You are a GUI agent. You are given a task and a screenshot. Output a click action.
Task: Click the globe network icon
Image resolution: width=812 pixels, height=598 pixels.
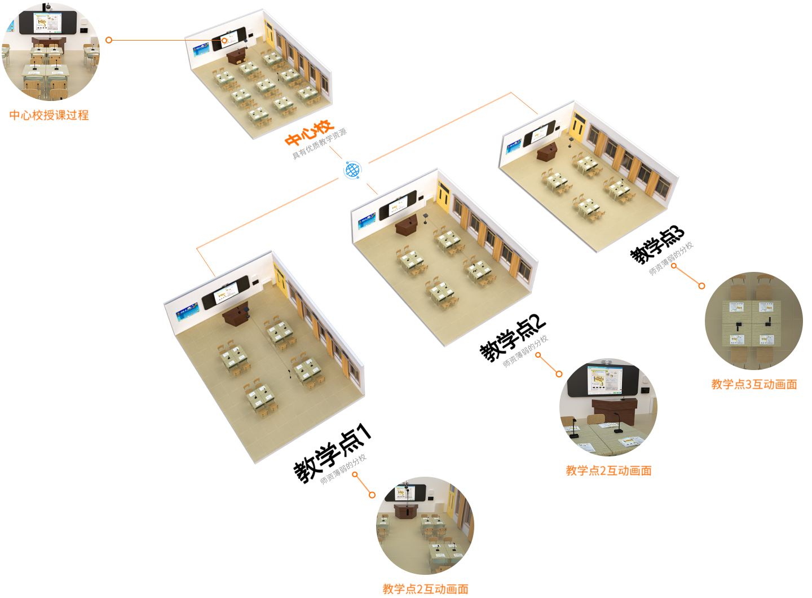[353, 170]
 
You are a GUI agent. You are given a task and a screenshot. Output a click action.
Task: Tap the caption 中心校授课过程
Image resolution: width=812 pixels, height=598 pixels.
[49, 115]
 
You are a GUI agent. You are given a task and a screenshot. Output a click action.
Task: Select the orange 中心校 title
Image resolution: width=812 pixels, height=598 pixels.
[309, 133]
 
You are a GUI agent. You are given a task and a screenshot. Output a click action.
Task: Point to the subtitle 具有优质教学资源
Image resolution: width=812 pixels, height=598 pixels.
[319, 144]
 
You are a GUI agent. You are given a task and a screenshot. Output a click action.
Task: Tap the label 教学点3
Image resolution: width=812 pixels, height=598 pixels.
[657, 245]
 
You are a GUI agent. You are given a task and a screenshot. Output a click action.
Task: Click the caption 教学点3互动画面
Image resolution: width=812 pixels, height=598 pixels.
[754, 384]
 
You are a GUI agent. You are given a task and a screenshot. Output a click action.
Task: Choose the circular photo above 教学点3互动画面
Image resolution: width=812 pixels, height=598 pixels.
[753, 321]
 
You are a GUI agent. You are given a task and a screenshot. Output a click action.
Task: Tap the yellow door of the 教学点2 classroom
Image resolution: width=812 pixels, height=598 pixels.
[443, 195]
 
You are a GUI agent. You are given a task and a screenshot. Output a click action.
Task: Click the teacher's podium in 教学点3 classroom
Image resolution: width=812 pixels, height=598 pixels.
[547, 151]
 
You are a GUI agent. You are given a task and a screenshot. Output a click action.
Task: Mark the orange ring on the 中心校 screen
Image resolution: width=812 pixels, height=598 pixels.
[224, 41]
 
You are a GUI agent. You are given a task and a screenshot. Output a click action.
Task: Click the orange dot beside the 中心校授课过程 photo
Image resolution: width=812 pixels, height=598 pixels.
[109, 40]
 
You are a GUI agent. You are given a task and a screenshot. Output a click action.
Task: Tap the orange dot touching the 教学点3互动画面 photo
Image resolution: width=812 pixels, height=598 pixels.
[702, 286]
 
